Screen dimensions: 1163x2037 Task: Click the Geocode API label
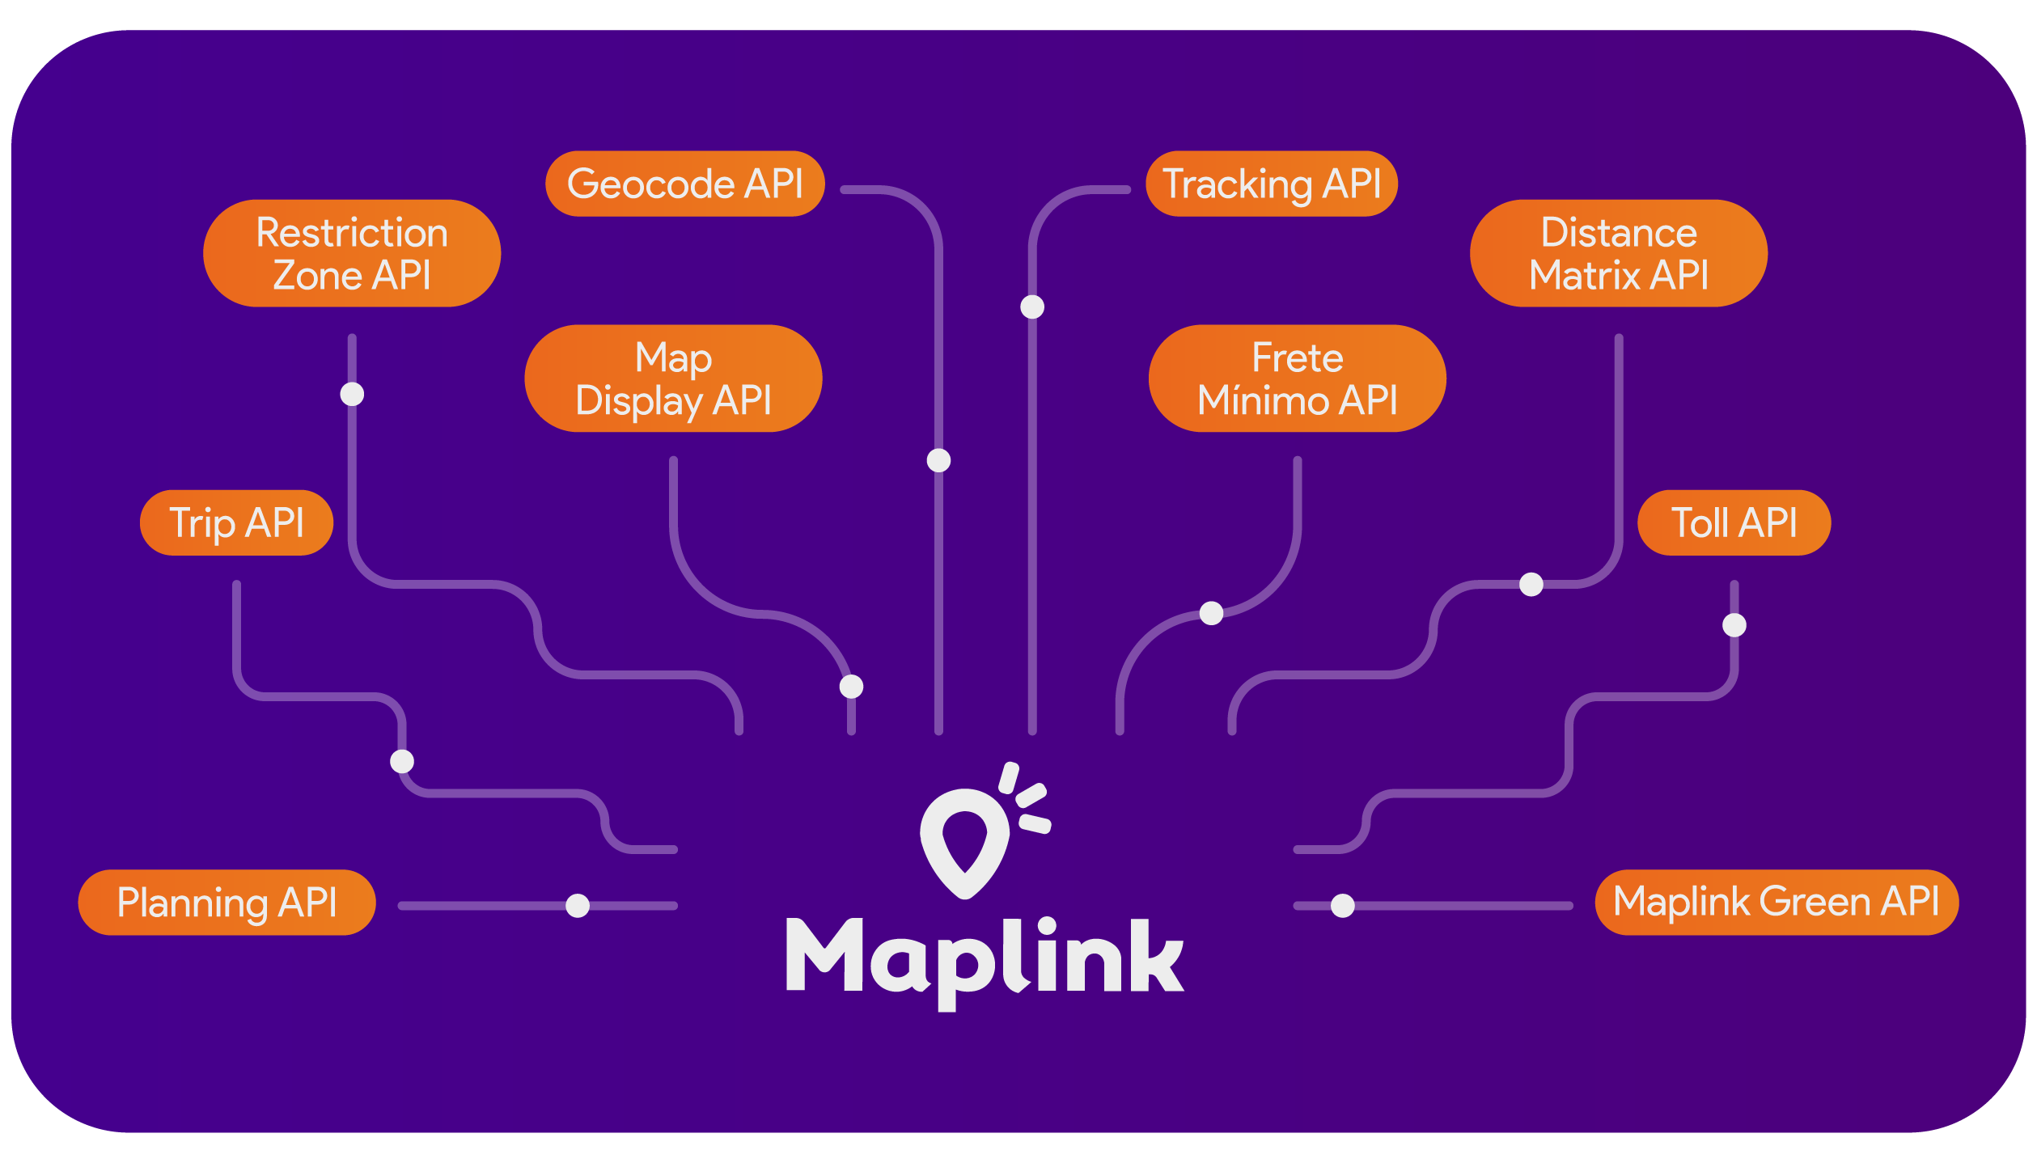coord(684,184)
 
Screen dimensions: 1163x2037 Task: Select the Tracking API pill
coord(1271,184)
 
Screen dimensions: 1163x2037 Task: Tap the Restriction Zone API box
coord(351,253)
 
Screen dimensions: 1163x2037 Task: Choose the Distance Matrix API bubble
coord(1618,253)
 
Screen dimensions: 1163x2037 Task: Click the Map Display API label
coord(673,379)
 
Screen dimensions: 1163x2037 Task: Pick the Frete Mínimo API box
coord(1297,379)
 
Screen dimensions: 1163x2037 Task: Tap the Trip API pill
coord(236,522)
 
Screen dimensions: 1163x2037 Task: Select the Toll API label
coord(1734,522)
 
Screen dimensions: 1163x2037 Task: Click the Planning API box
coord(227,903)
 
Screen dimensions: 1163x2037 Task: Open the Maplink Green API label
coord(1777,903)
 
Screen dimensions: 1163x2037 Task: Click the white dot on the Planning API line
coord(578,906)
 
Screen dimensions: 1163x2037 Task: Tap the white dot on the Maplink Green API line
coord(1343,906)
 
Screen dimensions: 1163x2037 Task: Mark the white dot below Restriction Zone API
coord(352,394)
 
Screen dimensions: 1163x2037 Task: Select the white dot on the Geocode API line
coord(938,460)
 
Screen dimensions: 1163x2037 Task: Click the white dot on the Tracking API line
coord(1032,307)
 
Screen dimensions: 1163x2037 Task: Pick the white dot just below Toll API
coord(1734,625)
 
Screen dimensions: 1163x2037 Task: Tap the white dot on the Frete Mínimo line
coord(1211,613)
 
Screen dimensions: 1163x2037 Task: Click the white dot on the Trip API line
coord(402,761)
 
